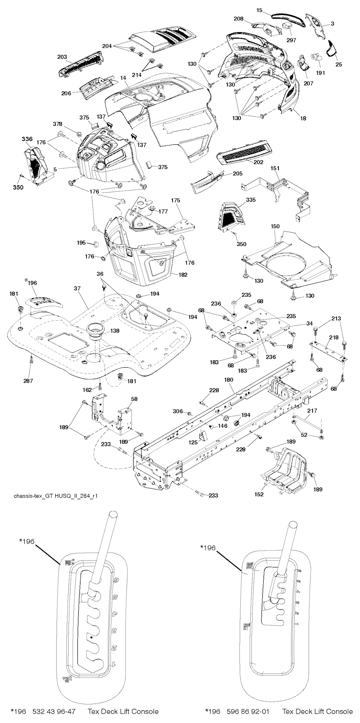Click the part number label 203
coord(62,56)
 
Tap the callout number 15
coord(259,10)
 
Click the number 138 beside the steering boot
coord(115,331)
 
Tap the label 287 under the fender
coord(28,381)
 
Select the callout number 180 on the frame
coord(229,380)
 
